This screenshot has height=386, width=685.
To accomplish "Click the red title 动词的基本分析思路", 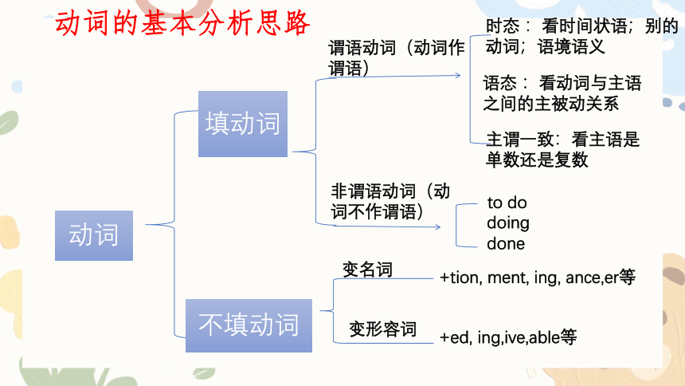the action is point(182,23).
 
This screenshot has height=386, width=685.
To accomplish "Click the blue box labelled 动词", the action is point(94,235).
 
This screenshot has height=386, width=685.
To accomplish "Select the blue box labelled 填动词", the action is point(243,124).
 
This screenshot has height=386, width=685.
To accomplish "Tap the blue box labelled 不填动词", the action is point(249,325).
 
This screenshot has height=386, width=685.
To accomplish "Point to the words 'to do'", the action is point(507,203).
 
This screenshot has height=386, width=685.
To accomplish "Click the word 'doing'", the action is point(508,223).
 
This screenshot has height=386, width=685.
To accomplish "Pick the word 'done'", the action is point(506,243).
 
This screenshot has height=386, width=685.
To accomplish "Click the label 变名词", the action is point(367,269).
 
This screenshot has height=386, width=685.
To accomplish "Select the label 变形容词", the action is point(382,329).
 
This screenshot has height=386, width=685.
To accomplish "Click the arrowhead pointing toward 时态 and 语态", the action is point(458,75).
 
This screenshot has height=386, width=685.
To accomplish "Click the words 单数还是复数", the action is point(537,160).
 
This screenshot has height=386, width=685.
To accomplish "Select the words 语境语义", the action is point(571,46).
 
